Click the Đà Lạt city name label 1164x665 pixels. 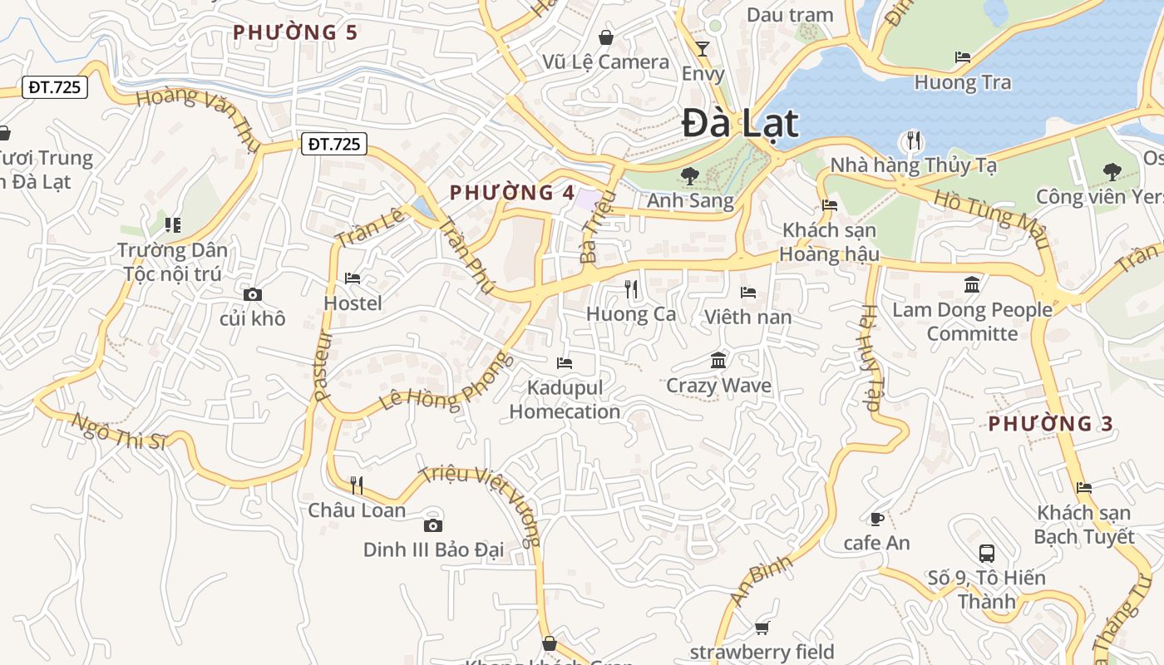point(740,123)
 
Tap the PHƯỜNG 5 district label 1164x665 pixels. point(295,32)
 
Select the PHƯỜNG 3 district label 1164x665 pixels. point(1051,423)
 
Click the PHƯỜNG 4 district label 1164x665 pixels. point(512,193)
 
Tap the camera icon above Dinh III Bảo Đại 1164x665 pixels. point(432,525)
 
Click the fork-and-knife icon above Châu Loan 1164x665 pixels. point(357,485)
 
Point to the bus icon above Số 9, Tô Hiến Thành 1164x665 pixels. point(987,553)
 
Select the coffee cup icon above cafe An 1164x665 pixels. point(876,519)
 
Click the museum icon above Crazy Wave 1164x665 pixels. point(719,361)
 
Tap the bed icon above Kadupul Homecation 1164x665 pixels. point(565,363)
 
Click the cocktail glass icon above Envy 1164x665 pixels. point(703,48)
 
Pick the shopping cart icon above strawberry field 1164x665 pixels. point(762,628)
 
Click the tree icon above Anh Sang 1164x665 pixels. point(689,175)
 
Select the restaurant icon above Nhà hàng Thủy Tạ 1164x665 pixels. point(914,140)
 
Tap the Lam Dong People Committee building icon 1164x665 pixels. point(972,285)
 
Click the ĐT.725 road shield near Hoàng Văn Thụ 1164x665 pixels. point(55,86)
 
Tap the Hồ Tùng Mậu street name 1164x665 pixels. point(990,219)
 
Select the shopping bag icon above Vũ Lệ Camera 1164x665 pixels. point(606,37)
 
